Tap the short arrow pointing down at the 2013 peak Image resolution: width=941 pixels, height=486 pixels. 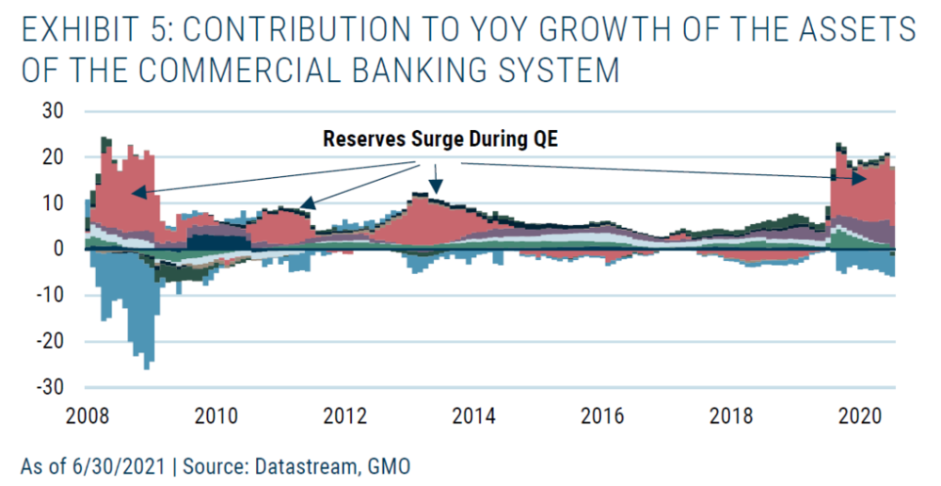pyautogui.click(x=435, y=185)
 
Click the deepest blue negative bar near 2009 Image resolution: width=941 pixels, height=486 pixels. pyautogui.click(x=148, y=363)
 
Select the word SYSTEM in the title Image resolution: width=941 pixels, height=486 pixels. pyautogui.click(x=566, y=72)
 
